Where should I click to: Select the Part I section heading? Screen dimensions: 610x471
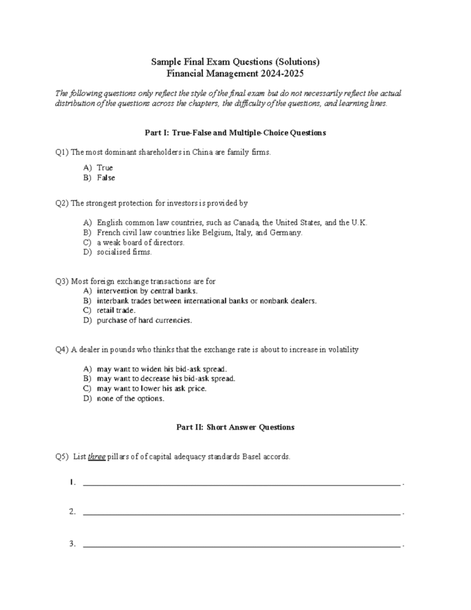pos(235,133)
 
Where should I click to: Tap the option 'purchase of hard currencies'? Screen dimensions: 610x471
pos(144,320)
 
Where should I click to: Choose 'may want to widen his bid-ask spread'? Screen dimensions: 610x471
pos(161,369)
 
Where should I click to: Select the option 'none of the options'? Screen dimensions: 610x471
pos(130,399)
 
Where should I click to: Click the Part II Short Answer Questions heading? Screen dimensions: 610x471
pos(235,428)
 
